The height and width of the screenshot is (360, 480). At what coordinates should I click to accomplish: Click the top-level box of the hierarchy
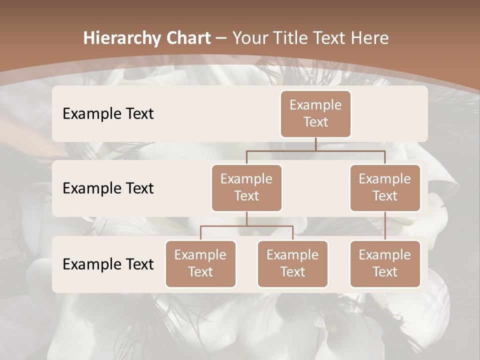pyautogui.click(x=315, y=113)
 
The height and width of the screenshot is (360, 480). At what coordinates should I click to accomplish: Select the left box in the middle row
pyautogui.click(x=246, y=187)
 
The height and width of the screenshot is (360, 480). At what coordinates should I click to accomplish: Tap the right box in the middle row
pyautogui.click(x=385, y=187)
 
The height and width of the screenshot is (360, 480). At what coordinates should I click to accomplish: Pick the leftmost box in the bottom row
pyautogui.click(x=200, y=263)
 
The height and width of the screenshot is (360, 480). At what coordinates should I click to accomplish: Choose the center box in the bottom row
pyautogui.click(x=292, y=263)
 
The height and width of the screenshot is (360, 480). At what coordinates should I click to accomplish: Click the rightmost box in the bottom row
pyautogui.click(x=385, y=263)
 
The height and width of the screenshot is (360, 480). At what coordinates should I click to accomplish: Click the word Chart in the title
pyautogui.click(x=186, y=38)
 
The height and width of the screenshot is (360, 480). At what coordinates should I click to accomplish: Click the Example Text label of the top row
pyautogui.click(x=108, y=113)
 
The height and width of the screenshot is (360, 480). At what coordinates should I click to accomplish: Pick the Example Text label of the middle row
pyautogui.click(x=108, y=188)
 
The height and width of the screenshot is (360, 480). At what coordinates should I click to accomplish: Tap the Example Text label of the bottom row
pyautogui.click(x=108, y=264)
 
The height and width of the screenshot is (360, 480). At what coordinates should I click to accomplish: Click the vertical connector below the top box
pyautogui.click(x=315, y=144)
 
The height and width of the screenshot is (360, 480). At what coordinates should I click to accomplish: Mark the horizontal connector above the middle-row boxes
pyautogui.click(x=315, y=150)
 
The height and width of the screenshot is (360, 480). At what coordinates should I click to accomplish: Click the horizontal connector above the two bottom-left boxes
pyautogui.click(x=246, y=226)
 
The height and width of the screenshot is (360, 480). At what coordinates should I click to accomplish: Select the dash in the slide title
pyautogui.click(x=220, y=38)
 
